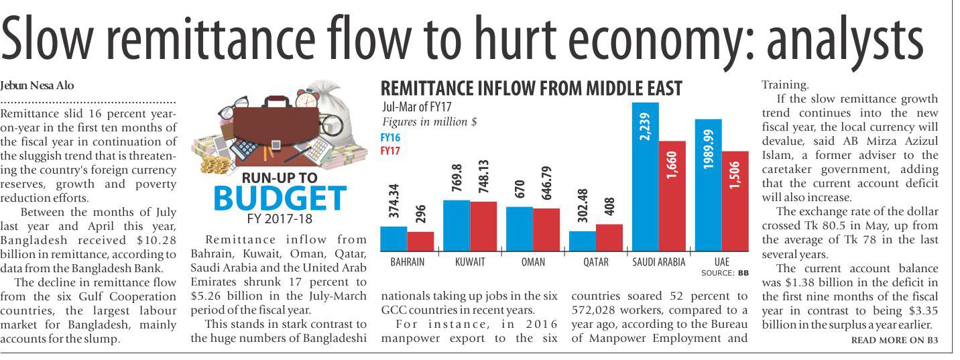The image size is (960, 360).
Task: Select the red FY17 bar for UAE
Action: (735, 201)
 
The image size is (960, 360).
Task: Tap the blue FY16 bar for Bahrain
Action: (394, 238)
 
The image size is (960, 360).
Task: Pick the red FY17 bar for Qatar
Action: (609, 237)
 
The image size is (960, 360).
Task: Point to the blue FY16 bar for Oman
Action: (519, 229)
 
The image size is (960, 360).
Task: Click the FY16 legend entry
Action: (389, 137)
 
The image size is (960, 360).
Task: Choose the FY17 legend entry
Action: (389, 151)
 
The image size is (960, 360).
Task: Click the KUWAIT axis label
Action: (470, 262)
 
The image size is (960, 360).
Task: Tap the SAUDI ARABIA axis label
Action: (659, 262)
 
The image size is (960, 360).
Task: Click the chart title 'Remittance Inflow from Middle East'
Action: (531, 88)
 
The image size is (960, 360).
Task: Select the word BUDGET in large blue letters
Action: (280, 198)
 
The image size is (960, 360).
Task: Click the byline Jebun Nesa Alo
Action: (38, 85)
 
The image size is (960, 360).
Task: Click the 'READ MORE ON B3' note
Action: (894, 340)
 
